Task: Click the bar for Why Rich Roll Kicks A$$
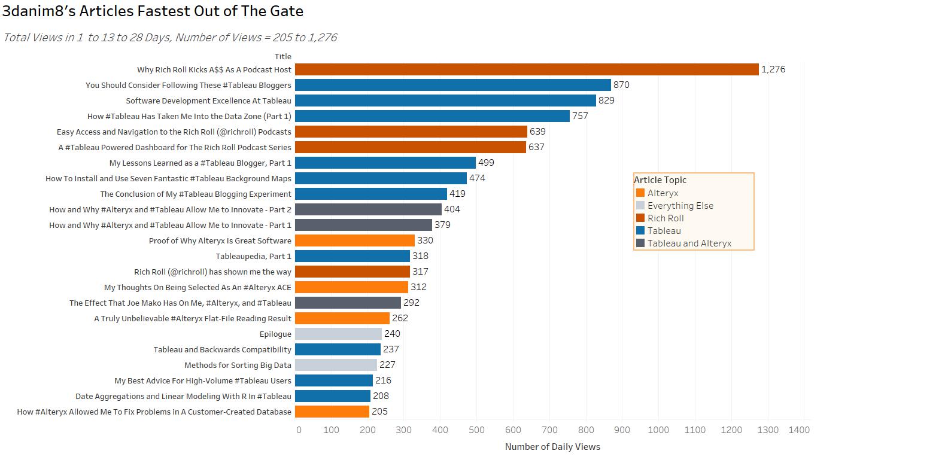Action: [x=527, y=69]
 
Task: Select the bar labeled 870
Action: [x=452, y=85]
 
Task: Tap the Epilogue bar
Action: [x=338, y=334]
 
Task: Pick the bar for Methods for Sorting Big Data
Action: [x=336, y=365]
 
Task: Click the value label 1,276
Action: [x=773, y=69]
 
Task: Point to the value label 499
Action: [x=486, y=163]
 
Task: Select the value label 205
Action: [x=379, y=412]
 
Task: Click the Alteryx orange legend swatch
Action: [x=640, y=193]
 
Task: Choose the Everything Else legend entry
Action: [x=680, y=206]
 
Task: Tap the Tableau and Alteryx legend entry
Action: [x=689, y=243]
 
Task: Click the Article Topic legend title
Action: [x=660, y=180]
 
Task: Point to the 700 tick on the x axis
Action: [x=549, y=430]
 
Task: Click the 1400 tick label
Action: [x=799, y=430]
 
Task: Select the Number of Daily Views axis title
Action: [x=552, y=447]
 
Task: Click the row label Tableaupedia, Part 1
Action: [x=253, y=256]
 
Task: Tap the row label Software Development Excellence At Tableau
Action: [x=208, y=100]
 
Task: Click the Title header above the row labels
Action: [x=283, y=57]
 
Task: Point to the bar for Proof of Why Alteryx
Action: [x=354, y=240]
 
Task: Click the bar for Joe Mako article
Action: [x=348, y=303]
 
